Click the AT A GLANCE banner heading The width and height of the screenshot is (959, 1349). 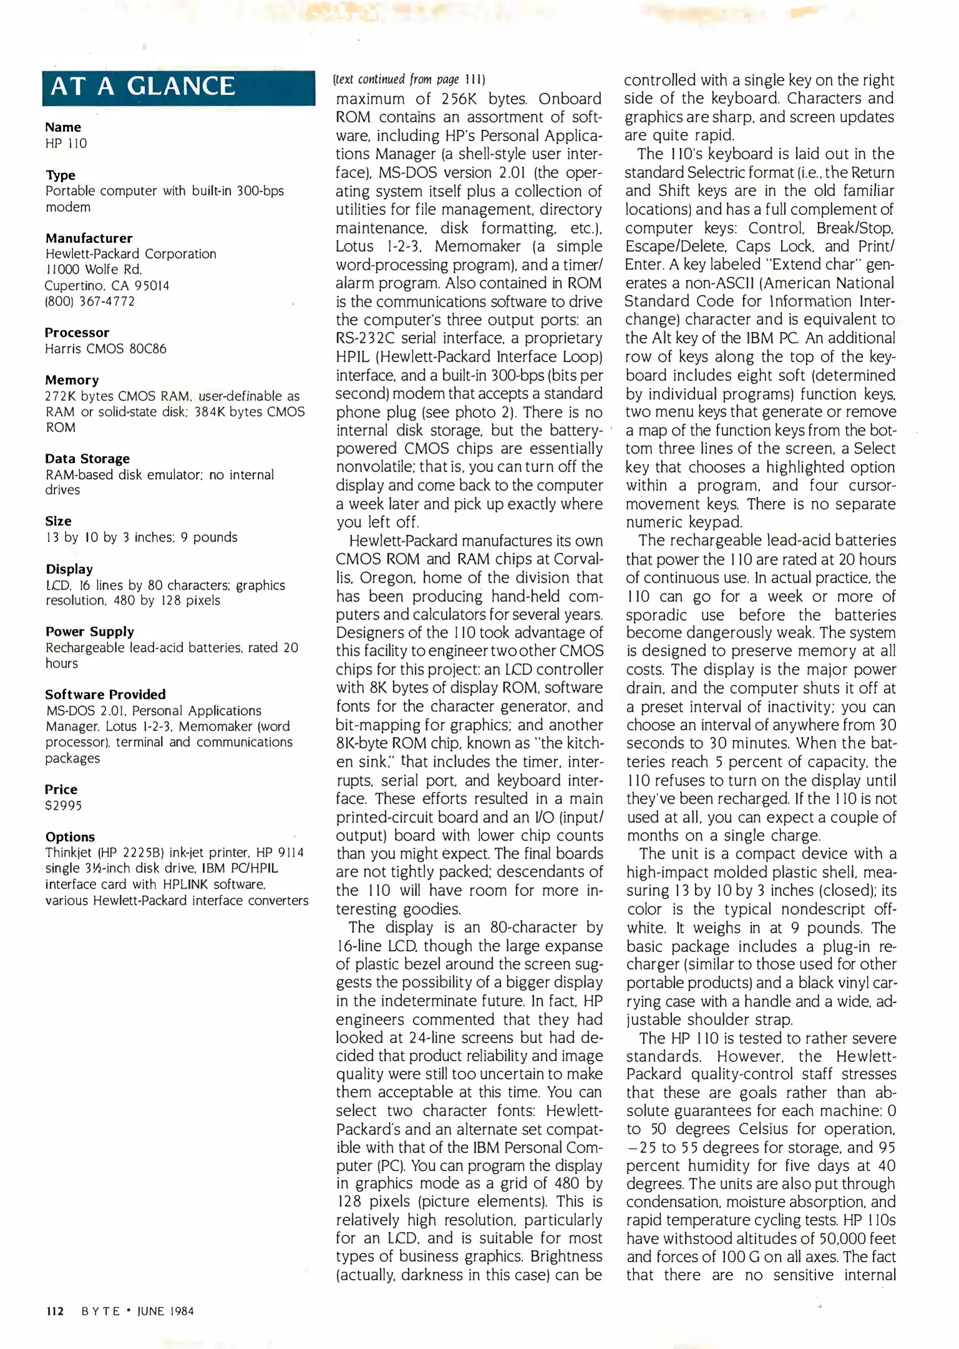[x=143, y=86]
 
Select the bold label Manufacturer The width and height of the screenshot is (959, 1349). [x=89, y=238]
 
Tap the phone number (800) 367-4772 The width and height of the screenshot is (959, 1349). [x=89, y=301]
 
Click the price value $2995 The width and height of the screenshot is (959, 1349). [x=63, y=806]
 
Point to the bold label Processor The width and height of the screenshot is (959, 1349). [x=77, y=332]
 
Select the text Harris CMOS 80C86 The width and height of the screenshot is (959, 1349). [x=106, y=348]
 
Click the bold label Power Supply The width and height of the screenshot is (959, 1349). [x=89, y=631]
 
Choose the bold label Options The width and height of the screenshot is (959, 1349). [x=70, y=837]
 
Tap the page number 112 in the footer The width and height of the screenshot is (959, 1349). [x=55, y=1312]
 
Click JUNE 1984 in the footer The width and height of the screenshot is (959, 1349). [x=165, y=1312]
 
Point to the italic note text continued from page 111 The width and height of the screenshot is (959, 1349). [x=409, y=79]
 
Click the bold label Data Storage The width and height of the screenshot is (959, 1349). [x=87, y=458]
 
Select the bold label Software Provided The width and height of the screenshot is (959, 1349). [x=105, y=694]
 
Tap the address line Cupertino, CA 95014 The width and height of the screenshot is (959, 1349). [x=107, y=285]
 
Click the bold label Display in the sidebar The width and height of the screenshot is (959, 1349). [x=69, y=569]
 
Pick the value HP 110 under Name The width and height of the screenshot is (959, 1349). [x=66, y=143]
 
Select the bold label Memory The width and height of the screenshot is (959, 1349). [x=72, y=380]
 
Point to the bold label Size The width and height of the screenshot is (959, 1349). [x=58, y=521]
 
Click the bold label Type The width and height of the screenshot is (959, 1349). [x=61, y=175]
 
